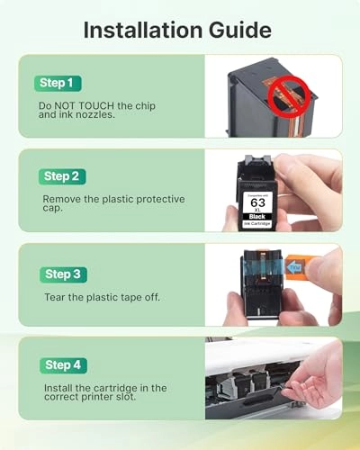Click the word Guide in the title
240,30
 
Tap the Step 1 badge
58,83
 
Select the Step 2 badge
62,176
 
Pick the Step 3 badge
63,274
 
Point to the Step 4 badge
63,365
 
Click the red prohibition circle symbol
289,96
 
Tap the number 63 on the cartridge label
258,202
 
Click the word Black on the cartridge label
257,217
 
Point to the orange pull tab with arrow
294,266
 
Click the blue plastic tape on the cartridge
264,267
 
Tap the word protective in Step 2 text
160,200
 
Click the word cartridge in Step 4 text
115,388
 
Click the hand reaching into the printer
315,378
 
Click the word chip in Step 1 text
145,106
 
